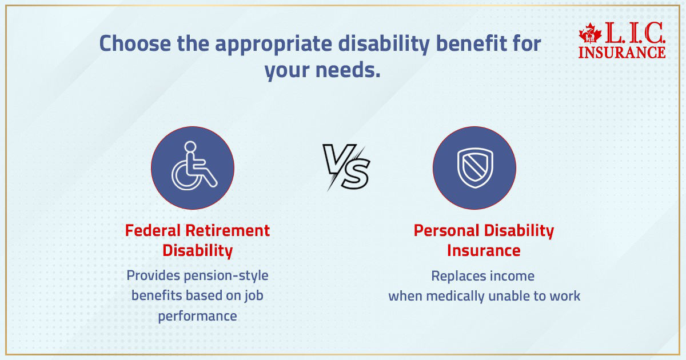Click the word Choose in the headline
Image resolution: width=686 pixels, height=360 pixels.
click(x=135, y=43)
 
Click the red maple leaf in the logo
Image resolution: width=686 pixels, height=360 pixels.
click(x=590, y=33)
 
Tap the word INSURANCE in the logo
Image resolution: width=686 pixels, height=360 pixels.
click(x=622, y=53)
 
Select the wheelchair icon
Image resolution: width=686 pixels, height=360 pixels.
click(x=194, y=165)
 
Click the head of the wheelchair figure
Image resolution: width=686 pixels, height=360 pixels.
click(x=190, y=147)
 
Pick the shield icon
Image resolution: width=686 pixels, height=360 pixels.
click(x=475, y=168)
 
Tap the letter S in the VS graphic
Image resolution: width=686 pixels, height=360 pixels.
click(x=356, y=175)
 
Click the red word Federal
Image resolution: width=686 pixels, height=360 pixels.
click(x=153, y=230)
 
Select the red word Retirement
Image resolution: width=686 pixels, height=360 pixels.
click(x=228, y=230)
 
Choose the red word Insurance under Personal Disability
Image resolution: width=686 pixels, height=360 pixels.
click(x=484, y=251)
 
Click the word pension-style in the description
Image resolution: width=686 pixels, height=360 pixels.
click(x=226, y=276)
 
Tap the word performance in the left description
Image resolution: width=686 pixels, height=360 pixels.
click(x=198, y=316)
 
